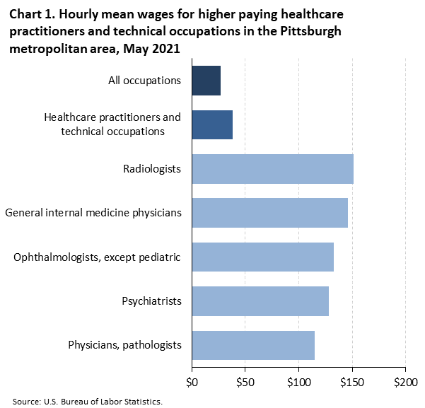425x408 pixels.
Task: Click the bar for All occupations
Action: click(x=206, y=81)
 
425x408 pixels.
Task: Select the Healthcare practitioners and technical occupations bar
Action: click(x=212, y=124)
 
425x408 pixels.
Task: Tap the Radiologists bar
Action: click(x=272, y=168)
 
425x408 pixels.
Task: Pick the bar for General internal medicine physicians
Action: click(x=269, y=212)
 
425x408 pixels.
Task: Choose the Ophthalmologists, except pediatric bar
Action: click(x=262, y=257)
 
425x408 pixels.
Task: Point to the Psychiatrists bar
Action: click(x=260, y=301)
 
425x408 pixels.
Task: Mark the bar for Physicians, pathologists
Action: click(x=253, y=344)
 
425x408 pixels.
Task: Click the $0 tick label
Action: click(x=192, y=383)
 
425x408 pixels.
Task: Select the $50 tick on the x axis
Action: click(x=245, y=383)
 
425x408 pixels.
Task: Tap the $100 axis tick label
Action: click(x=298, y=383)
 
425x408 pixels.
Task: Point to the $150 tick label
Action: click(x=351, y=383)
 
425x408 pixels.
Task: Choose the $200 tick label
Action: click(x=405, y=383)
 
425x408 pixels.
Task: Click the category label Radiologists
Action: click(x=152, y=169)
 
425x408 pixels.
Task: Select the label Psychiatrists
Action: click(x=151, y=301)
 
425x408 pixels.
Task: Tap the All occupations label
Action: click(x=140, y=81)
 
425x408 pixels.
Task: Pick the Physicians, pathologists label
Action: click(x=124, y=345)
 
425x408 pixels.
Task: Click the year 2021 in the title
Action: click(x=165, y=50)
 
